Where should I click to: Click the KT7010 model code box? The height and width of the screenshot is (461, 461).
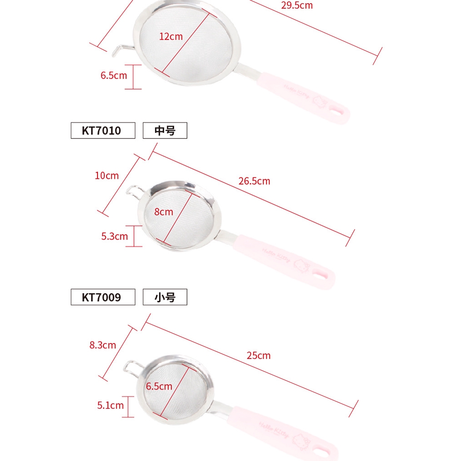103,131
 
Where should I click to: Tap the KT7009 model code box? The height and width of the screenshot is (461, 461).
103,297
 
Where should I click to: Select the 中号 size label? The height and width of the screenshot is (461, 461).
165,131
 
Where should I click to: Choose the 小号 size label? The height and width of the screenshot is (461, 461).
165,297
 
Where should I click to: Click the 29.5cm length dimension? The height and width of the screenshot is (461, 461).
297,5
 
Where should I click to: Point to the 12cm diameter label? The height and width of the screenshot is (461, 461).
171,36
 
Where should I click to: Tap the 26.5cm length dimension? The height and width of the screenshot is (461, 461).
254,181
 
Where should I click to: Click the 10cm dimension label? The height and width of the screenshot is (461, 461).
107,176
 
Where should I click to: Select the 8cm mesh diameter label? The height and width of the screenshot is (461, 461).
164,212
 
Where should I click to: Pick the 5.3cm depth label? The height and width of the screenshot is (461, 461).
115,236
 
